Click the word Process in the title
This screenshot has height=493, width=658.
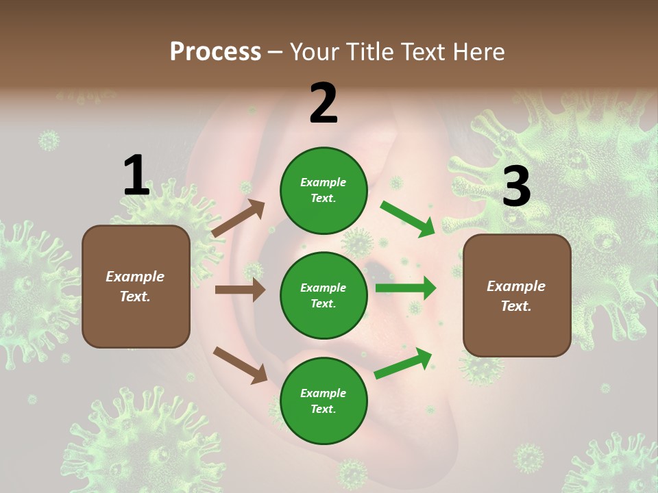(215, 52)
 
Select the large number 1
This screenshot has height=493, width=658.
(136, 176)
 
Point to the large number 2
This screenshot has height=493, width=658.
(324, 103)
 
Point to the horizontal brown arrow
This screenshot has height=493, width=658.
(240, 290)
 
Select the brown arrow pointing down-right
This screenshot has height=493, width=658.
(240, 365)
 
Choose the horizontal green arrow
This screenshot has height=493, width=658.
(406, 288)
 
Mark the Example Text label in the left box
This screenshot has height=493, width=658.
(136, 286)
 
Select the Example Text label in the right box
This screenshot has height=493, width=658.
(516, 296)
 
